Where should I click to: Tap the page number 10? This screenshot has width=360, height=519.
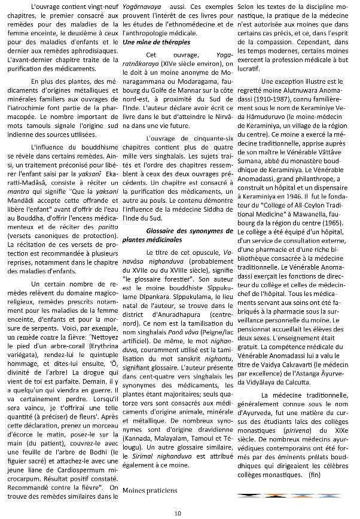pos(178,512)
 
